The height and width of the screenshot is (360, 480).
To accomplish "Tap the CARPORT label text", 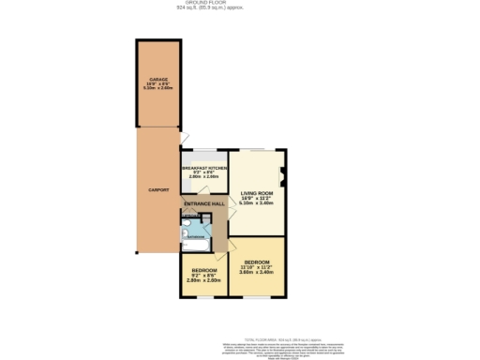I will click(x=158, y=190).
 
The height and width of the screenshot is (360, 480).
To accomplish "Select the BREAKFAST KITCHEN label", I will click(x=204, y=167).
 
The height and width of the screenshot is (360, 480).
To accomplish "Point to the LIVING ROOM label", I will click(x=256, y=192).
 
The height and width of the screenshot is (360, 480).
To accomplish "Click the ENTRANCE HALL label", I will click(x=203, y=203).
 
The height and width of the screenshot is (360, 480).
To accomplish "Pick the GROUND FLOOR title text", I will click(x=214, y=3).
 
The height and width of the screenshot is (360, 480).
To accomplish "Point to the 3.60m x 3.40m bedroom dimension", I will click(x=257, y=273).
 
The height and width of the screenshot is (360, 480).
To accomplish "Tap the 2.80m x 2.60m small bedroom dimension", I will click(x=203, y=280).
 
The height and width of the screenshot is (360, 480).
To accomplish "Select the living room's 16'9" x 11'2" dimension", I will click(x=256, y=198).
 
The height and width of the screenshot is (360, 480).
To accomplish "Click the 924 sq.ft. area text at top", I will click(x=214, y=8).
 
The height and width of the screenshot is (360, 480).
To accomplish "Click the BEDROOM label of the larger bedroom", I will click(x=257, y=262).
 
